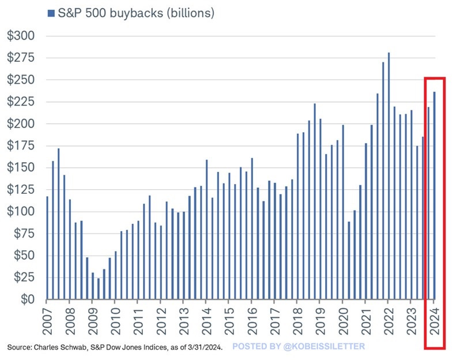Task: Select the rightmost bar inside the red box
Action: pos(434,196)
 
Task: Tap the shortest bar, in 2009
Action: pos(98,289)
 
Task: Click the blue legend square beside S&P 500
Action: pos(50,13)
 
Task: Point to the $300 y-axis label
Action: pos(21,36)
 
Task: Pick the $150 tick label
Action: pos(21,168)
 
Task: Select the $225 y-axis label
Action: pos(21,102)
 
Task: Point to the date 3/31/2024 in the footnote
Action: pos(202,347)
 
